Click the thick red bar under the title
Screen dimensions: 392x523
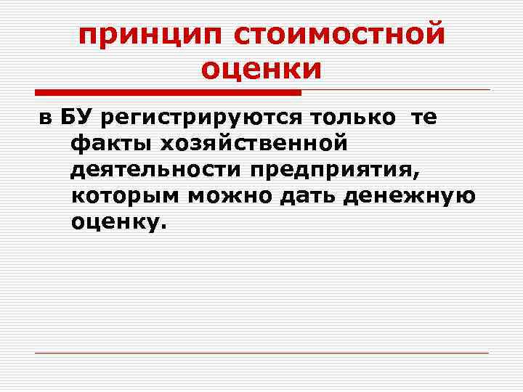pyautogui.click(x=168, y=93)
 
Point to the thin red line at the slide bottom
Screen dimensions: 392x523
pyautogui.click(x=261, y=354)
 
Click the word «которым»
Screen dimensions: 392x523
pyautogui.click(x=121, y=197)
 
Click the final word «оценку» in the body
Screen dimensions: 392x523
pyautogui.click(x=113, y=223)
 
